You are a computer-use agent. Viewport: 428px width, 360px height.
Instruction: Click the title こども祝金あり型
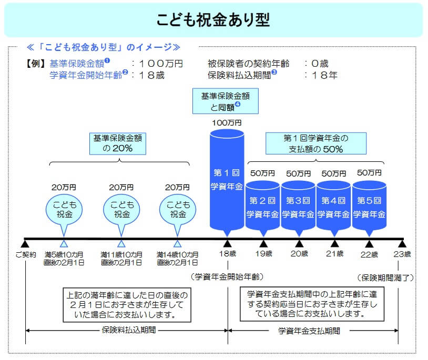tap(213, 19)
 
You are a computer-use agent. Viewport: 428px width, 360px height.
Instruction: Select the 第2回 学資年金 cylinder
tap(262, 206)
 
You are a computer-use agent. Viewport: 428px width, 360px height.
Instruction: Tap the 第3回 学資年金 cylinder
tap(298, 206)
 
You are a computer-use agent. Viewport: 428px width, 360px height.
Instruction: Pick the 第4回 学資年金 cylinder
tap(334, 206)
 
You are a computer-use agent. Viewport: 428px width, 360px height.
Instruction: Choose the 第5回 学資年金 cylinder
tap(370, 206)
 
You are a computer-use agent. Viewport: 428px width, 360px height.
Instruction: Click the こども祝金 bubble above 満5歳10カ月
tap(64, 209)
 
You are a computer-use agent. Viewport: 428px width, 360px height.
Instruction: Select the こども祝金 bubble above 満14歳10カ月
tap(177, 209)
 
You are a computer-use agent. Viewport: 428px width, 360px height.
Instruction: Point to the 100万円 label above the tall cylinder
tap(227, 122)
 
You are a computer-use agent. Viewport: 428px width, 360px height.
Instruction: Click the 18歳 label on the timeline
tap(228, 254)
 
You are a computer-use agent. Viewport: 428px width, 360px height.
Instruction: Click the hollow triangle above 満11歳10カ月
tap(121, 243)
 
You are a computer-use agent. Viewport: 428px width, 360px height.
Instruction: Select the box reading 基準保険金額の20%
tap(119, 143)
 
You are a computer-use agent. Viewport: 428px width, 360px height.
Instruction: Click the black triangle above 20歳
tap(299, 243)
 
